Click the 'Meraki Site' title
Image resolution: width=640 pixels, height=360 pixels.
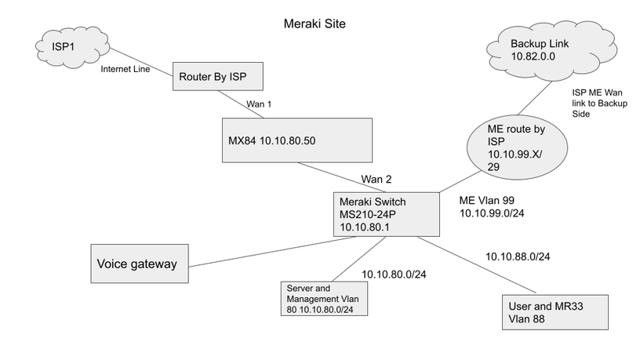point(314,24)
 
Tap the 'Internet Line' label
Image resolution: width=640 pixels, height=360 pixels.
point(125,69)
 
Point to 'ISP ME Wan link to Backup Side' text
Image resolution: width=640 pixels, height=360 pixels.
point(601,103)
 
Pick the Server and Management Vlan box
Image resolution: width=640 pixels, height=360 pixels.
point(325,299)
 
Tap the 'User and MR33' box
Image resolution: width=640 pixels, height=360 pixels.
point(555,312)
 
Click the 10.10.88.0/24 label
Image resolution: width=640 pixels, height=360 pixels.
point(518,256)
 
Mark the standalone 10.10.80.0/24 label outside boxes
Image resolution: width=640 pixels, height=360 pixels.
point(394,275)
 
